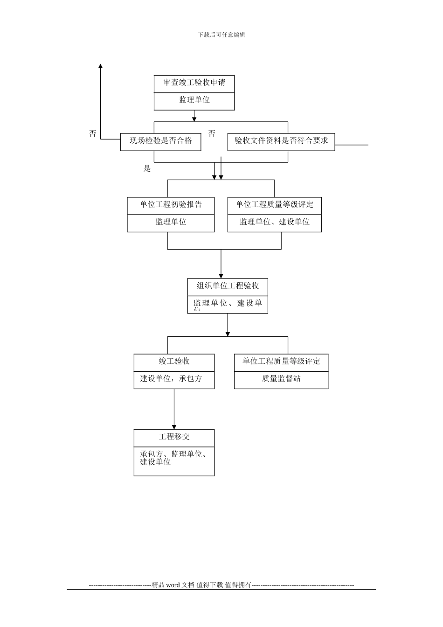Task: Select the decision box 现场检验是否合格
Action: pos(160,141)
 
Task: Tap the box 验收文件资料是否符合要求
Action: pos(281,141)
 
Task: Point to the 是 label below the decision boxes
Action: pos(147,169)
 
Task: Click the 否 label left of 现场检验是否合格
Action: pos(93,134)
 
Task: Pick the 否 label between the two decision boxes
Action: pos(212,134)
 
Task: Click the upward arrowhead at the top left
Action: pos(100,67)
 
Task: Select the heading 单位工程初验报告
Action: pos(171,205)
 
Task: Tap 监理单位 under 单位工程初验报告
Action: pos(171,222)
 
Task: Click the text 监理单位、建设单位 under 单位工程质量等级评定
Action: pos(274,222)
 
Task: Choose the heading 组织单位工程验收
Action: pos(228,286)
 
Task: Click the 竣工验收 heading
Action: pos(174,362)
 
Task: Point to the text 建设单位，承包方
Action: pos(171,379)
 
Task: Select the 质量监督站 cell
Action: pos(281,379)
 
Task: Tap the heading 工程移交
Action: pos(174,437)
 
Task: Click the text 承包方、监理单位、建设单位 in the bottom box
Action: pos(174,458)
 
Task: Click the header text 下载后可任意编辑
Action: pos(221,35)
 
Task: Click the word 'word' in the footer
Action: pos(173,585)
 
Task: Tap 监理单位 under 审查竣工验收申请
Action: pos(194,100)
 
